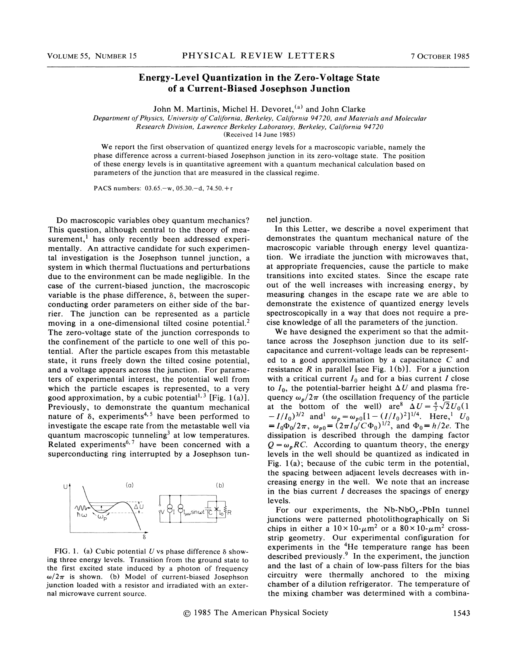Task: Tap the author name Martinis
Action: pyautogui.click(x=198, y=109)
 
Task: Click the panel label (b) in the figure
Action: pyautogui.click(x=220, y=485)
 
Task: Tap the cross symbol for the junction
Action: pyautogui.click(x=216, y=509)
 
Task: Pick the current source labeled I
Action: pyautogui.click(x=170, y=509)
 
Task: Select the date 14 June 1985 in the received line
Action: pyautogui.click(x=270, y=135)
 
